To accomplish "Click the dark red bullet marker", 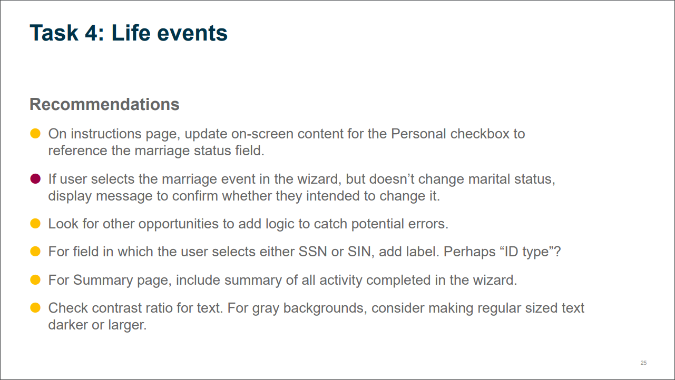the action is coord(35,179).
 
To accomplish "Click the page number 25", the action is coord(643,363).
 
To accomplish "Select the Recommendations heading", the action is coord(104,104).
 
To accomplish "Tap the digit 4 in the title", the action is coord(91,33).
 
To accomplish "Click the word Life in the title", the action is coord(131,33).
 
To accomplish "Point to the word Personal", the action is coord(418,134).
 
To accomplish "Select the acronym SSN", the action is coord(312,252).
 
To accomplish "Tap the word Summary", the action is coord(103,280).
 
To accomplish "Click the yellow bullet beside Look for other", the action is coord(35,224).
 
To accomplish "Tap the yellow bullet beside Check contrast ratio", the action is coord(35,308).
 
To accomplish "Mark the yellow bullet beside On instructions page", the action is coord(35,133).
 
